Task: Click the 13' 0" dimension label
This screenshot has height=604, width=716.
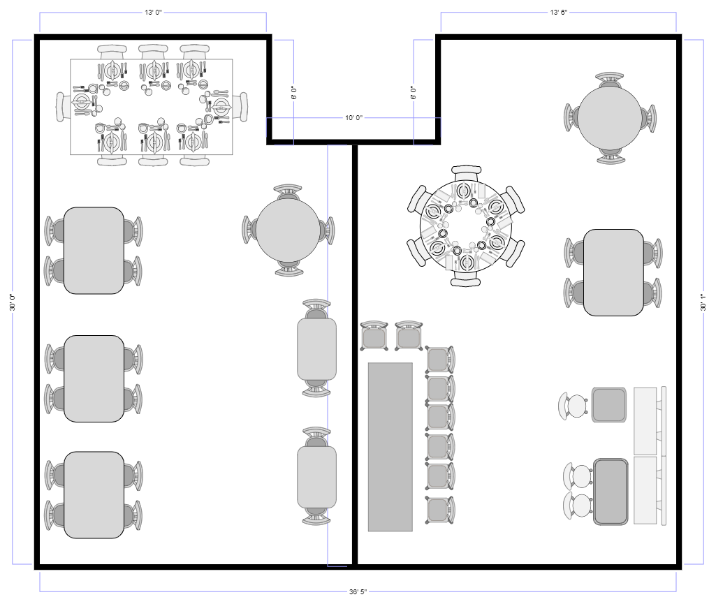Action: coord(154,13)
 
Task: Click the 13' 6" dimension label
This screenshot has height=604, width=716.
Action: coord(558,13)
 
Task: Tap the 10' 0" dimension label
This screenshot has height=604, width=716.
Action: coord(353,118)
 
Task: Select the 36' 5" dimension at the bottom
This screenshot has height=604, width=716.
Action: coord(358,591)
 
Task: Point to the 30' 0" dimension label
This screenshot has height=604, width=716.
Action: coord(13,302)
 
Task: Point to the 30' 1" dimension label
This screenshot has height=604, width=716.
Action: coord(703,302)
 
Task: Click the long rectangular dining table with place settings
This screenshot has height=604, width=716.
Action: coord(151,107)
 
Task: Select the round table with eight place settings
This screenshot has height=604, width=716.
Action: coord(466,226)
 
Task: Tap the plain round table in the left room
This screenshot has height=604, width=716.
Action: coord(288,230)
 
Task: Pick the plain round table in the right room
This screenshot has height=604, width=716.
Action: coord(610,118)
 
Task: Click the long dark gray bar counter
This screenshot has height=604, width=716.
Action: coord(390,447)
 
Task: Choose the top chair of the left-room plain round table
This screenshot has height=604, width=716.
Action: coord(288,192)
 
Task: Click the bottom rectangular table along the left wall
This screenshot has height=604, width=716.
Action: coord(94,495)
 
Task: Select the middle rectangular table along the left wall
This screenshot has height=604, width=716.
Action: coord(94,378)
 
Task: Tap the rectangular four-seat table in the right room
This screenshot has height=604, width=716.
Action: coord(614,272)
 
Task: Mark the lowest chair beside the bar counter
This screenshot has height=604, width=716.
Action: coord(440,510)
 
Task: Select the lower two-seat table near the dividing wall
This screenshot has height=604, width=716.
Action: coord(317,477)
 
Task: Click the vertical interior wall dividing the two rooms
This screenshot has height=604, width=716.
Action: coord(354,355)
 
